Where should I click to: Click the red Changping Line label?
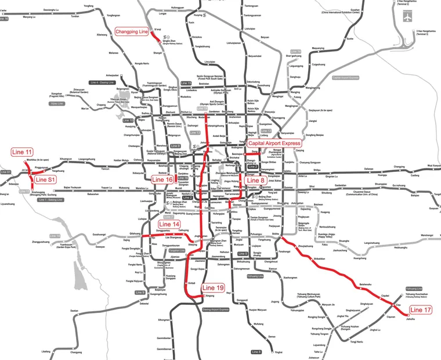(x=132, y=31)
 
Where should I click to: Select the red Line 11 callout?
(x=22, y=152)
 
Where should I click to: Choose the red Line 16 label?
(x=162, y=180)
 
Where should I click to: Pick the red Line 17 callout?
(x=420, y=311)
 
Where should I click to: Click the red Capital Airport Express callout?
(x=274, y=142)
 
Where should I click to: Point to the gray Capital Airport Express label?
(x=345, y=77)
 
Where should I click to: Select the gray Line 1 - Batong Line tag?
(x=50, y=200)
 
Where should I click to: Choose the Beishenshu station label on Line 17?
(x=366, y=285)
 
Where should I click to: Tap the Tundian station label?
(x=75, y=16)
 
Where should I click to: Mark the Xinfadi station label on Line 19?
(x=192, y=283)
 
